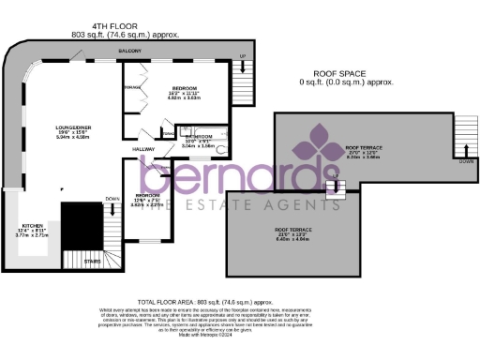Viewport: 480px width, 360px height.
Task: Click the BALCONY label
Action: pos(130,51)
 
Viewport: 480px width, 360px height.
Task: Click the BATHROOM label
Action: pos(197,136)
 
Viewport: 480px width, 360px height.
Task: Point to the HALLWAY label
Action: pos(142,148)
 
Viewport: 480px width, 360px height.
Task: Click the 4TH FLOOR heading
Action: pos(125,25)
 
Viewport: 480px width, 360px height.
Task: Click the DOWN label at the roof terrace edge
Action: pos(466,161)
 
